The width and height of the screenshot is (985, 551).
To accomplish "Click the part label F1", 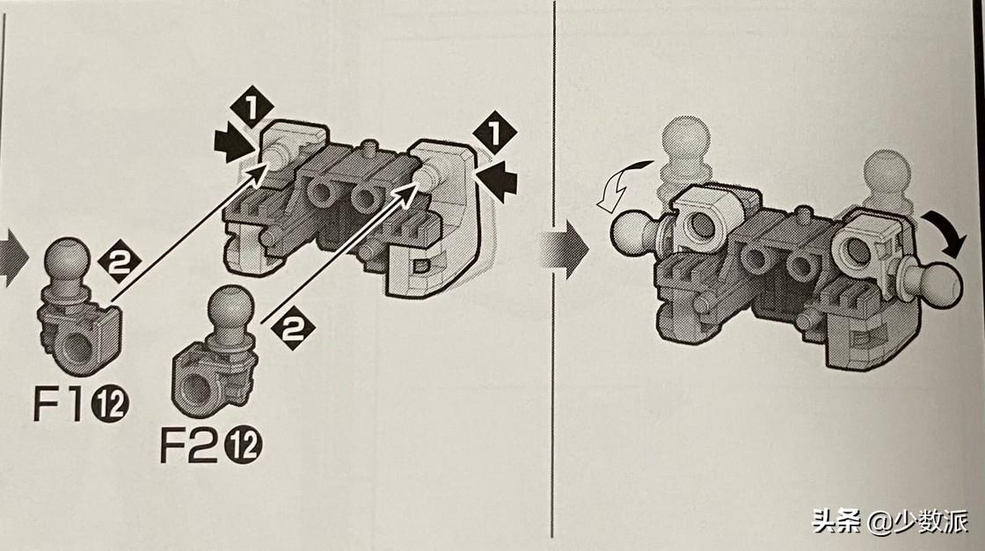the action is pos(57,403).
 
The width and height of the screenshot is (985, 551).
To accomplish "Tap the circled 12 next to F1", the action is pos(110,404).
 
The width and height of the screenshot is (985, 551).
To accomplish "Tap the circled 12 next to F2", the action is pos(244,445).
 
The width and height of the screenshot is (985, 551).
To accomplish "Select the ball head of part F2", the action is pos(231,306).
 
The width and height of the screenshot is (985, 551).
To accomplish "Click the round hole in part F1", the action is pos(77,347).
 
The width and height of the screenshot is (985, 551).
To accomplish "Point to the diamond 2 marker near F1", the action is pos(119,261).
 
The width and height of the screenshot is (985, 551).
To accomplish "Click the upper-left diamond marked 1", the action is pos(252,107).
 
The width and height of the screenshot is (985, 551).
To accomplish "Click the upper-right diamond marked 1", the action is pos(494,133).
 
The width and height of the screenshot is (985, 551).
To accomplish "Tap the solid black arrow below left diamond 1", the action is pos(234,145).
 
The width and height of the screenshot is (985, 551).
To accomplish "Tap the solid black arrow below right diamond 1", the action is pos(498,181).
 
